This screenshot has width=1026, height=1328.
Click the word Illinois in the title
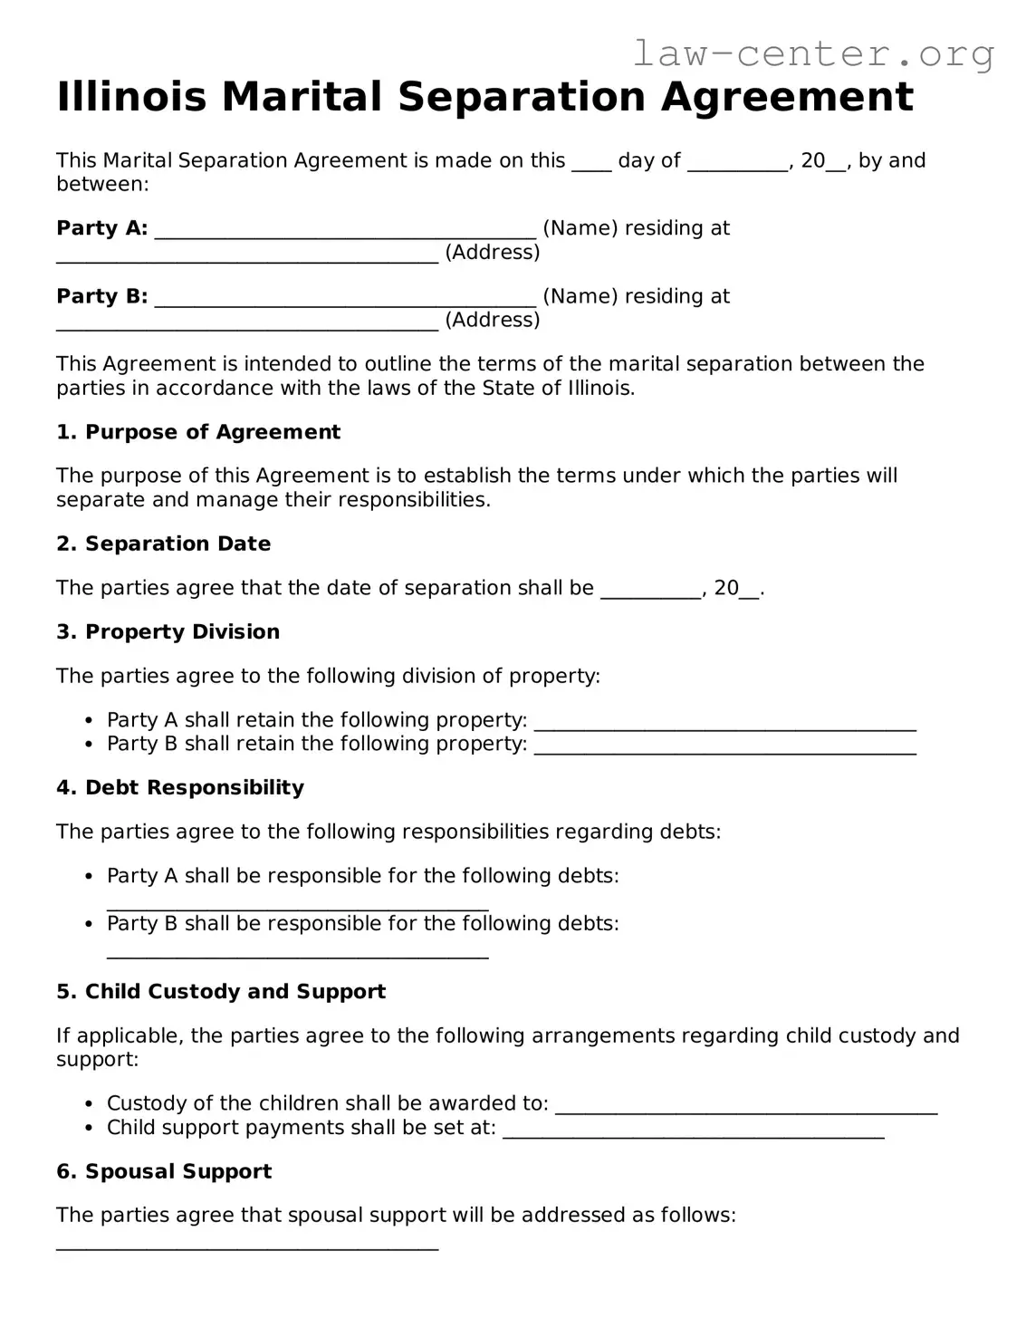[131, 97]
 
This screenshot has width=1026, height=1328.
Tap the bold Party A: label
[101, 228]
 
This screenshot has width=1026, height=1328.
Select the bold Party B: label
[101, 296]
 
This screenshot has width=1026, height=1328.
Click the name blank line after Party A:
[345, 234]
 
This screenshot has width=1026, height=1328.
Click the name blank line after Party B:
[345, 302]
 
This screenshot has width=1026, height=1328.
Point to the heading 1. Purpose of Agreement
[198, 432]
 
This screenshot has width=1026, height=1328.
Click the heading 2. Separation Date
[163, 544]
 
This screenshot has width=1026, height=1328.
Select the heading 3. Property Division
[168, 631]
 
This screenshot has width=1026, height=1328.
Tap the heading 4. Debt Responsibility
[180, 787]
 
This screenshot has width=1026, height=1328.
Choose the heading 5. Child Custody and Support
[221, 991]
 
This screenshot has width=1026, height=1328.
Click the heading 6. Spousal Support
[164, 1171]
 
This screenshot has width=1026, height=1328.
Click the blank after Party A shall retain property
[724, 726]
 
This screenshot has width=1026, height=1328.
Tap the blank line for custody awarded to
[745, 1109]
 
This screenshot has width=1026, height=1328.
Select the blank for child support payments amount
[693, 1133]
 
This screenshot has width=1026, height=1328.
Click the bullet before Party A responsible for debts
[89, 877]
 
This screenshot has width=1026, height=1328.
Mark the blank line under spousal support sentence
[247, 1246]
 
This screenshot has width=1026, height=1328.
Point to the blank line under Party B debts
[298, 954]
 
